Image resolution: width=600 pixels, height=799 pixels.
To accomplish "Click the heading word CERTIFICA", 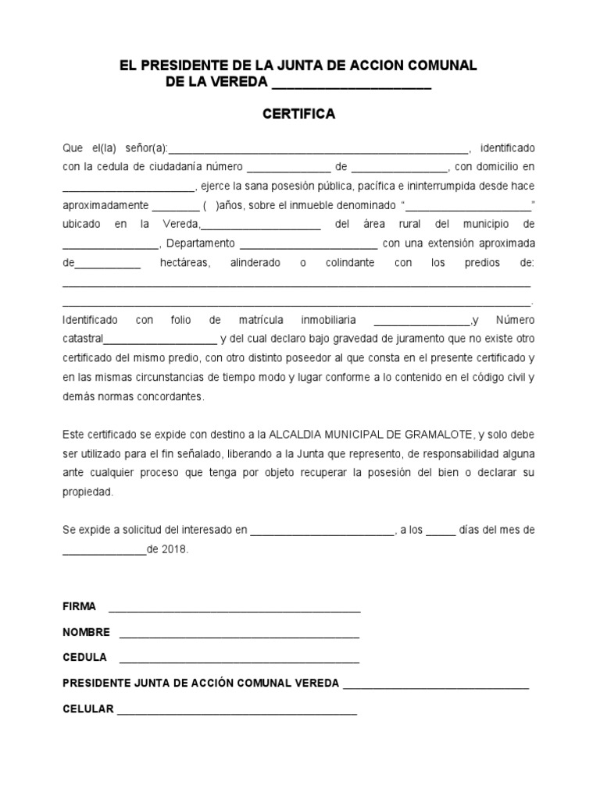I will coord(298,115).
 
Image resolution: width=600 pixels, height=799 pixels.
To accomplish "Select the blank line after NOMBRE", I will coord(239,635).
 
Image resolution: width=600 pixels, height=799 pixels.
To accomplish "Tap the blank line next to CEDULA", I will coord(239,660).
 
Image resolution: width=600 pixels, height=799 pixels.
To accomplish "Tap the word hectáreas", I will coord(186,263).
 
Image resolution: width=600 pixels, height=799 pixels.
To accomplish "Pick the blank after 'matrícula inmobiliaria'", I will coord(422,322).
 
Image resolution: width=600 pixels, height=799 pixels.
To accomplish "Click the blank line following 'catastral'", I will coord(160,341).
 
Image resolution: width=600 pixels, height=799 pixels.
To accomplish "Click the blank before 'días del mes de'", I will coord(441,532).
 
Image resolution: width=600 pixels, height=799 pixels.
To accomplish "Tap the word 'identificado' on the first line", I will coord(508,147).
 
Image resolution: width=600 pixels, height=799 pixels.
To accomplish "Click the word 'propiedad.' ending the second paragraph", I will coord(88,492).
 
